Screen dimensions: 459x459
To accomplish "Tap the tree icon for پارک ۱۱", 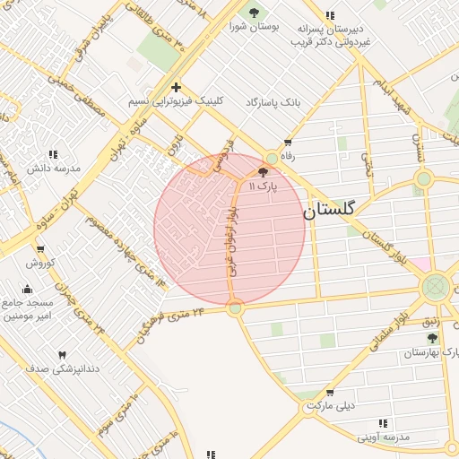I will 263,172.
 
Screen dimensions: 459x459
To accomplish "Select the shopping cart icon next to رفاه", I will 288,142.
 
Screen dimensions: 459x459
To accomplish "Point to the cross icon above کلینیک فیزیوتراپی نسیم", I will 176,88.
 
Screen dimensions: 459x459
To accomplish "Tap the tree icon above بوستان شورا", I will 255,13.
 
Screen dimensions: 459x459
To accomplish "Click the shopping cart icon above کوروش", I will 40,249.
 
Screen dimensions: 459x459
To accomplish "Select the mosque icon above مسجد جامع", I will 27,289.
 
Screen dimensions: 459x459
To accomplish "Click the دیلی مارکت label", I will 333,405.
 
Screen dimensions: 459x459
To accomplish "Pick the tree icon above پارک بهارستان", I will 433,338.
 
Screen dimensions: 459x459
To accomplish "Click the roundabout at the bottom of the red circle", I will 235,308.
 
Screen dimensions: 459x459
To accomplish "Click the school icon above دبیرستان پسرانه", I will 331,14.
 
